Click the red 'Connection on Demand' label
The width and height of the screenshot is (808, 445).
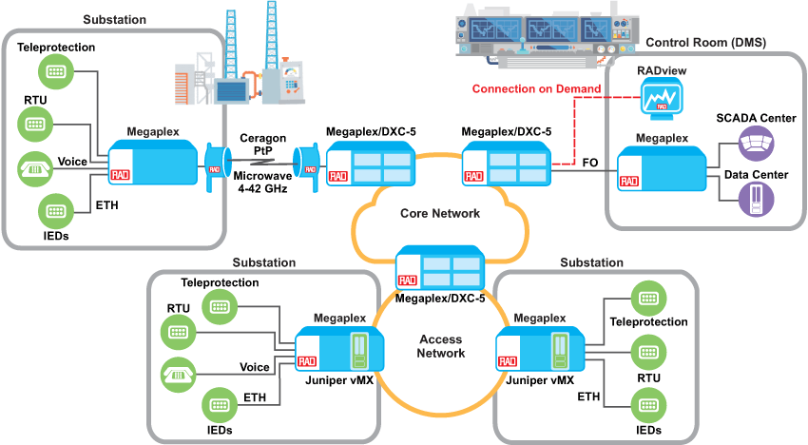tap(536, 89)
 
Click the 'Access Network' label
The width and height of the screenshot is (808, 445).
tap(442, 346)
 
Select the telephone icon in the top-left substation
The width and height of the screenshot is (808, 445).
tap(35, 168)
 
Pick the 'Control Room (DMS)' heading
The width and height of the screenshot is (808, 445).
tap(705, 43)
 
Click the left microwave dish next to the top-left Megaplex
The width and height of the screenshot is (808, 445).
tap(214, 168)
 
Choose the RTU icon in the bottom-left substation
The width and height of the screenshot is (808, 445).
tap(178, 331)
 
